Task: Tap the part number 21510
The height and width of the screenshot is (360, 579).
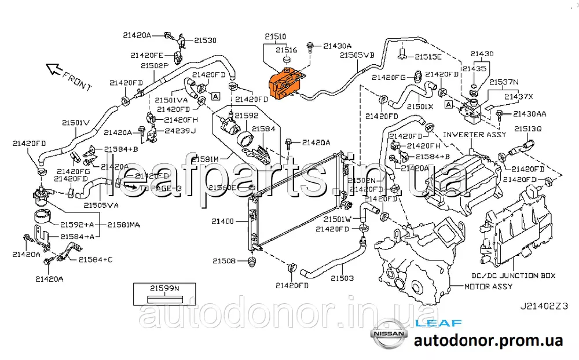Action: tap(276, 36)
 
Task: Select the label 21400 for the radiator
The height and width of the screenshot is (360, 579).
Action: tap(222, 222)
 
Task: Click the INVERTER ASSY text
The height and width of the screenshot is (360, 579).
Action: tap(474, 135)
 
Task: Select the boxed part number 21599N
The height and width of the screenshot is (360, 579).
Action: tap(164, 288)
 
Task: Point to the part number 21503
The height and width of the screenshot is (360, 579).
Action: tap(342, 278)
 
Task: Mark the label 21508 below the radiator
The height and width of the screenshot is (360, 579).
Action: tap(223, 262)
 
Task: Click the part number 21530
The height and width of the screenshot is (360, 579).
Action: tap(205, 41)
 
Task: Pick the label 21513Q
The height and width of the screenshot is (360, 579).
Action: tap(527, 128)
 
